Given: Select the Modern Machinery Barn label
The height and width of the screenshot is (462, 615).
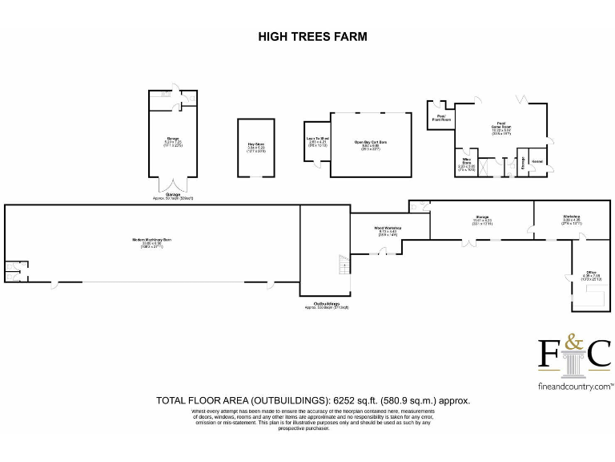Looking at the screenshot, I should tap(151, 241).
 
